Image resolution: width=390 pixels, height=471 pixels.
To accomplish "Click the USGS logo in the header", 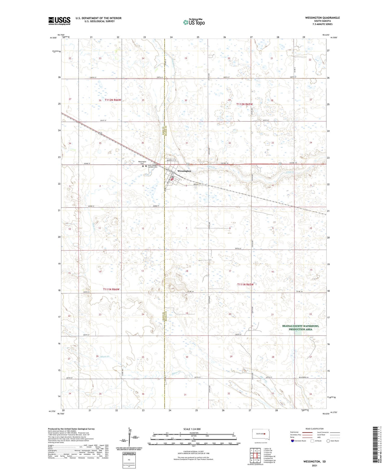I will pyautogui.click(x=59, y=21).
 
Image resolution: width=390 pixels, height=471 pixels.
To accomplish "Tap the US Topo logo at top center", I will pyautogui.click(x=194, y=22).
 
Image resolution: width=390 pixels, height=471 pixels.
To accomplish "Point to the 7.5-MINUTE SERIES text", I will pyautogui.click(x=322, y=24).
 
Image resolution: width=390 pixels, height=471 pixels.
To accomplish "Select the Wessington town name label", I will pyautogui.click(x=184, y=171).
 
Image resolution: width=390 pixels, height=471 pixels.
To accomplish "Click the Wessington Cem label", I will pyautogui.click(x=142, y=163).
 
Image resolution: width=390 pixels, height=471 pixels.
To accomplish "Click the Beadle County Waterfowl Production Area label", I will pyautogui.click(x=300, y=328).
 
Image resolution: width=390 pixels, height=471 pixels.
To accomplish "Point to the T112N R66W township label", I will pyautogui.click(x=113, y=100).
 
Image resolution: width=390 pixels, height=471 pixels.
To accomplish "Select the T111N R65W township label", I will pyautogui.click(x=245, y=284).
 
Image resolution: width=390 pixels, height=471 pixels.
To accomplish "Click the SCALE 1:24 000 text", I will pyautogui.click(x=193, y=429).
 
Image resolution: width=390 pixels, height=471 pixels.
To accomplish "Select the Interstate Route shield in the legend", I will pyautogui.click(x=292, y=441).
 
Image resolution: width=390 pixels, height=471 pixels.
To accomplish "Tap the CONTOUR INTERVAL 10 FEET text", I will pyautogui.click(x=193, y=452).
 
